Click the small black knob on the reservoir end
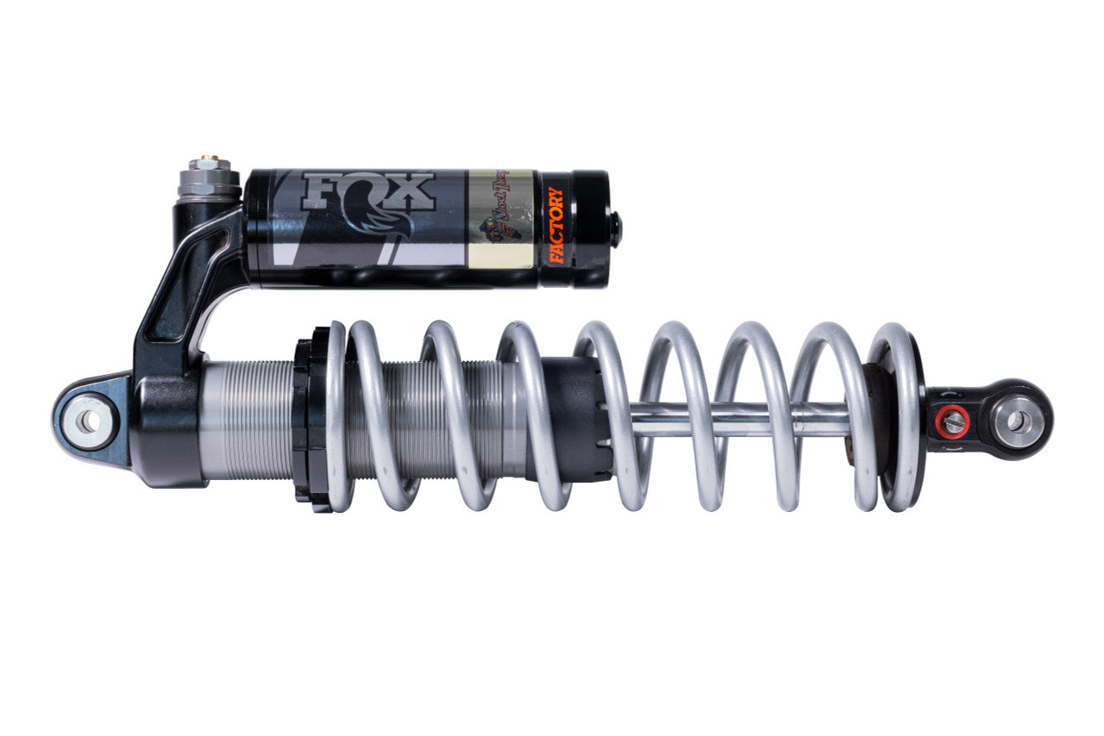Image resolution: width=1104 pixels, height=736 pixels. [616, 230]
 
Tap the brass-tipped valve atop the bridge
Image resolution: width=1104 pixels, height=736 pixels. [208, 161]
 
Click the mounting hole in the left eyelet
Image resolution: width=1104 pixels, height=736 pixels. [88, 421]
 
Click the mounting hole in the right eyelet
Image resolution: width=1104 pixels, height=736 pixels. [1019, 421]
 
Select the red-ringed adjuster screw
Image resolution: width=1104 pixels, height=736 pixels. [953, 421]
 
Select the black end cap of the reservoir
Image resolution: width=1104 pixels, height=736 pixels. [586, 228]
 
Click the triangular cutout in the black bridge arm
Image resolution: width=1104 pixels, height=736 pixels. [178, 302]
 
